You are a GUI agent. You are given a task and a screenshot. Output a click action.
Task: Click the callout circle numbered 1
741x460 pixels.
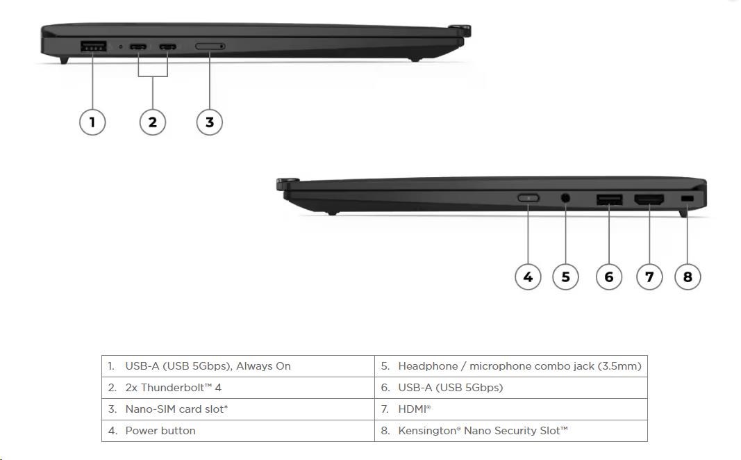[x=92, y=122]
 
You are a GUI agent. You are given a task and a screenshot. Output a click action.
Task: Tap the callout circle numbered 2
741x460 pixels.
[x=153, y=122]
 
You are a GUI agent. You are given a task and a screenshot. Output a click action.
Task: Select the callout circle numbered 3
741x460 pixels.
[x=210, y=122]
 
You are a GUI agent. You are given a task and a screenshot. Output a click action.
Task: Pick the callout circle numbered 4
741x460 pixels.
[x=528, y=277]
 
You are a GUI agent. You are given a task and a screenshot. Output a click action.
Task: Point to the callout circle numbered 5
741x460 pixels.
[x=565, y=277]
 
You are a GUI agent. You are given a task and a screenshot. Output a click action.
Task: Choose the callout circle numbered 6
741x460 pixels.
[x=609, y=277]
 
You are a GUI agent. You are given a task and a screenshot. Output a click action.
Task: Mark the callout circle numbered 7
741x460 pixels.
[x=649, y=277]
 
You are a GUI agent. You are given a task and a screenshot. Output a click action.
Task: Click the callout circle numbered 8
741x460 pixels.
[x=688, y=277]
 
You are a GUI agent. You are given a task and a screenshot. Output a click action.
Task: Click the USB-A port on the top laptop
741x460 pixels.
[x=93, y=47]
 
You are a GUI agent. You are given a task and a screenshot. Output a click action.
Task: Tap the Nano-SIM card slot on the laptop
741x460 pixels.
[x=210, y=47]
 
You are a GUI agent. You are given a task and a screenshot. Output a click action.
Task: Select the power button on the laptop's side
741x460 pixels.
[x=528, y=198]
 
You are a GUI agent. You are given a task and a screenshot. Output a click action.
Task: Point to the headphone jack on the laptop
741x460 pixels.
[x=565, y=198]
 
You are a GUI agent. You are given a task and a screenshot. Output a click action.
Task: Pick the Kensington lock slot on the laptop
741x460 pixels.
[x=688, y=199]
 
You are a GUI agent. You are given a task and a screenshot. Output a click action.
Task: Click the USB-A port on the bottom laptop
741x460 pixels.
[x=609, y=200]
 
